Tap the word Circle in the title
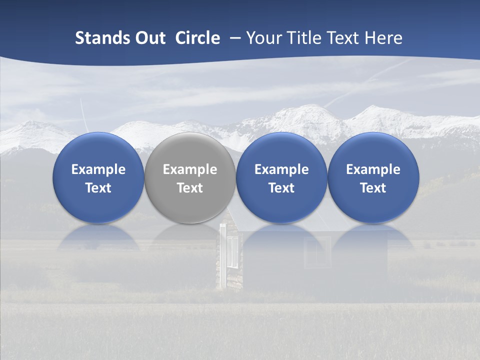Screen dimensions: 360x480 197,38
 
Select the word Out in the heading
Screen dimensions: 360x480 150,38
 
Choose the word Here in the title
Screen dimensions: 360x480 383,38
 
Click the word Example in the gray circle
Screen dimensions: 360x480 190,169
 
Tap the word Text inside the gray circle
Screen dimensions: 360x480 190,188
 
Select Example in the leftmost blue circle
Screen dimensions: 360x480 98,169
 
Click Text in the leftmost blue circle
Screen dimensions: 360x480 98,188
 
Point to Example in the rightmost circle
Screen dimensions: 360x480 373,169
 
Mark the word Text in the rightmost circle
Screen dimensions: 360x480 373,188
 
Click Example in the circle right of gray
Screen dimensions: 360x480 281,169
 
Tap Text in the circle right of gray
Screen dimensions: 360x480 281,188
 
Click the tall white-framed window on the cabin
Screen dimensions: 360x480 232,252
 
